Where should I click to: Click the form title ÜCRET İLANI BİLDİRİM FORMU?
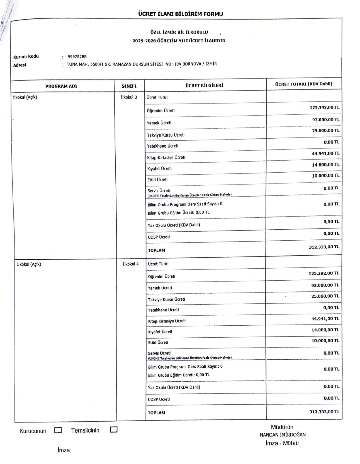click(x=180, y=14)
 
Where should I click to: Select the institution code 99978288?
click(x=77, y=57)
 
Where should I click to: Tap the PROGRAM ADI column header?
click(x=61, y=86)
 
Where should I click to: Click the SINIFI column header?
click(x=129, y=86)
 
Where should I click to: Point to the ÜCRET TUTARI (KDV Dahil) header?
click(x=303, y=84)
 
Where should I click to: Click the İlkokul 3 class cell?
click(x=129, y=97)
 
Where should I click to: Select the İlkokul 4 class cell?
click(x=131, y=264)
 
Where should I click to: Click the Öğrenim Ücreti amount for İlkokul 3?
click(x=324, y=108)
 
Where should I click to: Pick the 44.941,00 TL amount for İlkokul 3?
click(x=325, y=154)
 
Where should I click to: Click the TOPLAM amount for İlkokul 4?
click(x=324, y=412)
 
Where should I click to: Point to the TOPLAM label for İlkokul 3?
click(x=156, y=250)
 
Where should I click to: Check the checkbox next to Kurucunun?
click(x=58, y=430)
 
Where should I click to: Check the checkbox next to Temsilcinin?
click(x=114, y=430)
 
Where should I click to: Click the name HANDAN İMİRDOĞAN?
click(x=282, y=435)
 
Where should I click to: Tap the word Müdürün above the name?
click(x=282, y=427)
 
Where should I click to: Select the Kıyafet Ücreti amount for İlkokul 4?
click(x=325, y=330)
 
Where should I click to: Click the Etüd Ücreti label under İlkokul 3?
click(x=157, y=180)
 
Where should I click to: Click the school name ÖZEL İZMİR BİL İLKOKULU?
click(x=179, y=32)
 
